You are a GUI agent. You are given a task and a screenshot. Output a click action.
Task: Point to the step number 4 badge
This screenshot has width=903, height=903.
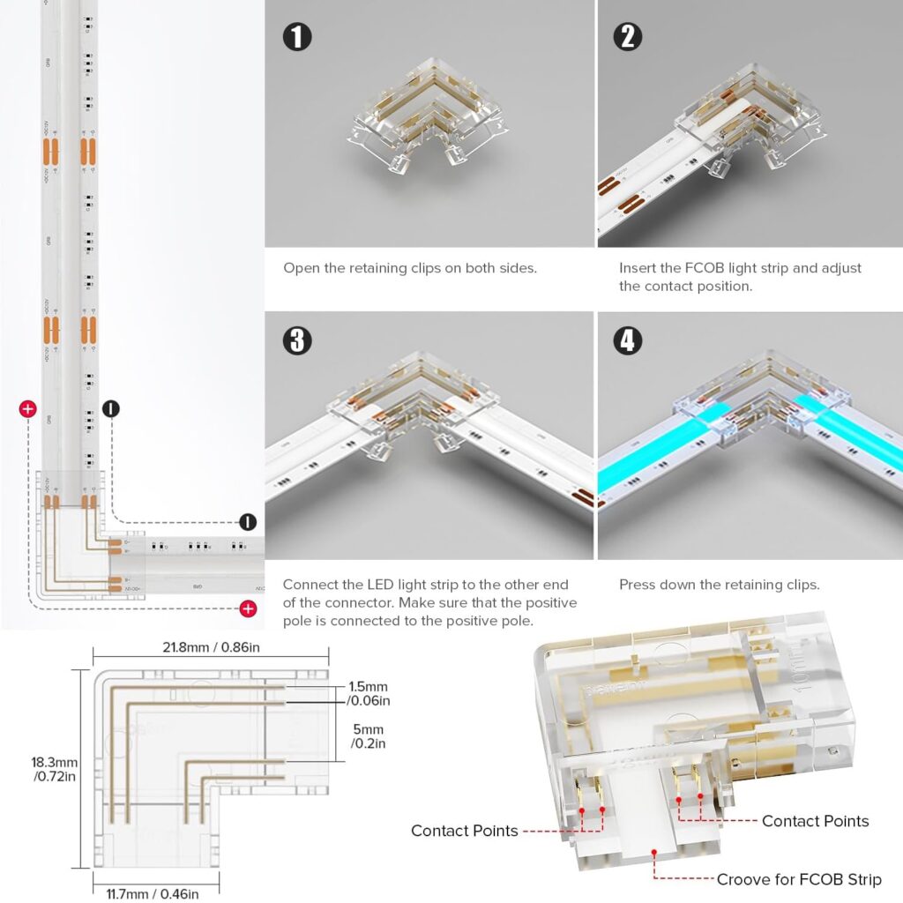pyautogui.click(x=627, y=340)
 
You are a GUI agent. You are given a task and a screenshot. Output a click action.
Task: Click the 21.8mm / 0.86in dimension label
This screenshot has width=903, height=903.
pyautogui.click(x=211, y=648)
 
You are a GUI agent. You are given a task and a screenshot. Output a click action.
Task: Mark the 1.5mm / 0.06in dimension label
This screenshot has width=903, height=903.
pyautogui.click(x=368, y=693)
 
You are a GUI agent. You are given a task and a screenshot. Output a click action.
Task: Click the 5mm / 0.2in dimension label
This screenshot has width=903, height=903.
pyautogui.click(x=367, y=736)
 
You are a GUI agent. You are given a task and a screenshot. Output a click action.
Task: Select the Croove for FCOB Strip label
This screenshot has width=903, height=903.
pyautogui.click(x=798, y=879)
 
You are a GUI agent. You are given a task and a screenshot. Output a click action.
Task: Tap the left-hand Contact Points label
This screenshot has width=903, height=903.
pyautogui.click(x=464, y=831)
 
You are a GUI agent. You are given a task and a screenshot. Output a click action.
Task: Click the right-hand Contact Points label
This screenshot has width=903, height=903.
pyautogui.click(x=815, y=821)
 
